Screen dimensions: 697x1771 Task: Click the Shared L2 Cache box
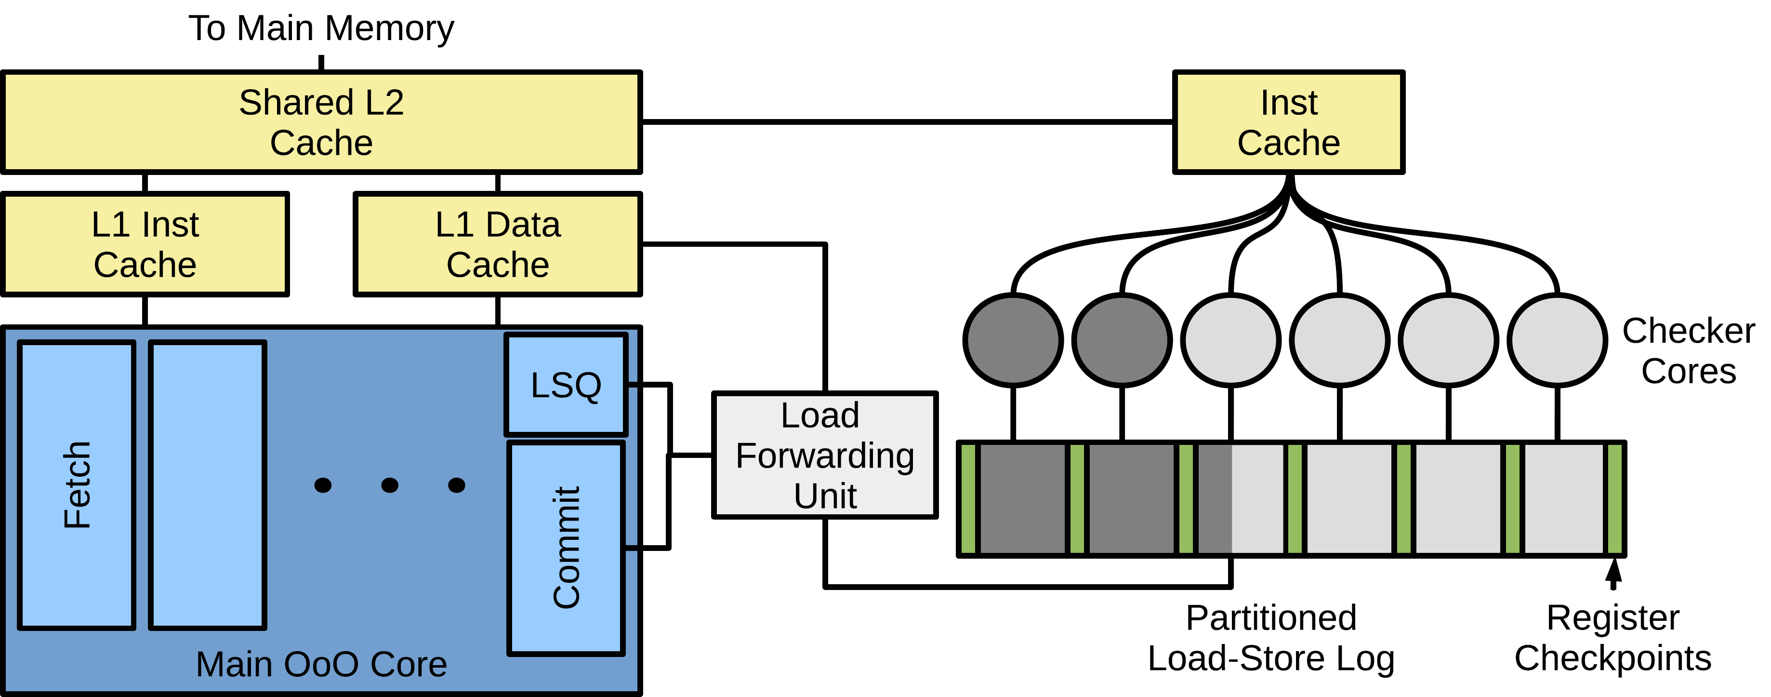[322, 122]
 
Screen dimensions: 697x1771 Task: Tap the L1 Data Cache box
[498, 244]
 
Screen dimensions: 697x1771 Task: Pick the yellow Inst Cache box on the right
[1288, 122]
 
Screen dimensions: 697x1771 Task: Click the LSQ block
[566, 385]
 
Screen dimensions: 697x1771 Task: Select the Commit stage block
[566, 548]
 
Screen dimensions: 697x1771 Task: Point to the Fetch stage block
[76, 485]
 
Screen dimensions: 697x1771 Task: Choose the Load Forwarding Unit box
[825, 456]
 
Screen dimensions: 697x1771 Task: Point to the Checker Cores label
[1689, 351]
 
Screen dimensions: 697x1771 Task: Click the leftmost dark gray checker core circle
[1013, 340]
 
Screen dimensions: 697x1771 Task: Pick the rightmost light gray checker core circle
[1557, 340]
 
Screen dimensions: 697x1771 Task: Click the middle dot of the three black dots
[390, 485]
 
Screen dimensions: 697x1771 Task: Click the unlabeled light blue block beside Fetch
[208, 485]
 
